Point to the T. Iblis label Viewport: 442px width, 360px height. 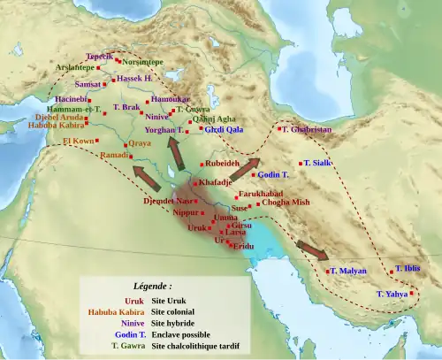[408, 268]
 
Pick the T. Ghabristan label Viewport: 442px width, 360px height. [307, 129]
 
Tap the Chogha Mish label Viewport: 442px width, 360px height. [286, 202]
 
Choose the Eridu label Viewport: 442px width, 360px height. [244, 246]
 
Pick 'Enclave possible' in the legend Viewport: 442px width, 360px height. [180, 334]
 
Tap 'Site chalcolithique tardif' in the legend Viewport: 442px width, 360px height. [194, 346]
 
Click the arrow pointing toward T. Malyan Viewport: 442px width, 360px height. [311, 249]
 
